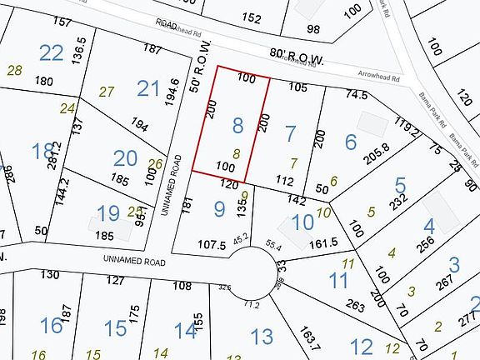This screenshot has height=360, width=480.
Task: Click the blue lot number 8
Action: (x=238, y=126)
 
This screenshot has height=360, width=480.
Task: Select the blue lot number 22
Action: (x=52, y=52)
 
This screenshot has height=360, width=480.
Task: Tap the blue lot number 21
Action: (x=148, y=87)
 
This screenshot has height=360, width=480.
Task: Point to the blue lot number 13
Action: (x=262, y=337)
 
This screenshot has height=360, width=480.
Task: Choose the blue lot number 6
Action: (x=351, y=142)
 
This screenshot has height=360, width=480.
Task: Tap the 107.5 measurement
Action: (x=212, y=245)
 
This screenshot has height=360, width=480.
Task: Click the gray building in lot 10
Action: (x=292, y=230)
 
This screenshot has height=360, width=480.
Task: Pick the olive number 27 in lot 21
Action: (x=107, y=92)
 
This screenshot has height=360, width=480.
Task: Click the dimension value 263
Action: (x=356, y=306)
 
